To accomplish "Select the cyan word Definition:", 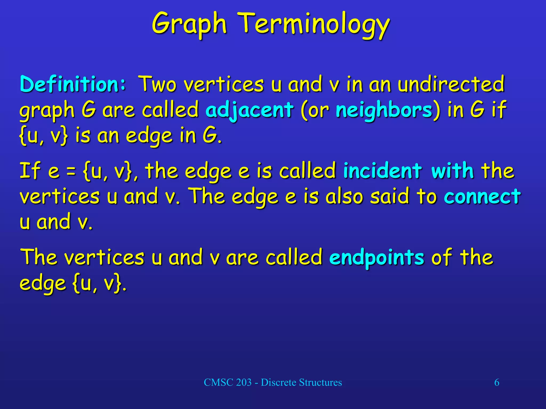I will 73,84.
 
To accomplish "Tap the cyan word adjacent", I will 249,110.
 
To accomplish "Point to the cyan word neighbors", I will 384,110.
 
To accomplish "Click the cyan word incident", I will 382,170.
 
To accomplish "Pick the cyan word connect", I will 482,196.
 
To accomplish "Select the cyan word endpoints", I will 376,257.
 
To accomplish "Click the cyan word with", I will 452,170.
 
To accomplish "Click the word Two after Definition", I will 158,84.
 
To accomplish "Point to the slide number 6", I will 497,383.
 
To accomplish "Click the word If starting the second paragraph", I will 30,170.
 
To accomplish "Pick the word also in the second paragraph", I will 344,196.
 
